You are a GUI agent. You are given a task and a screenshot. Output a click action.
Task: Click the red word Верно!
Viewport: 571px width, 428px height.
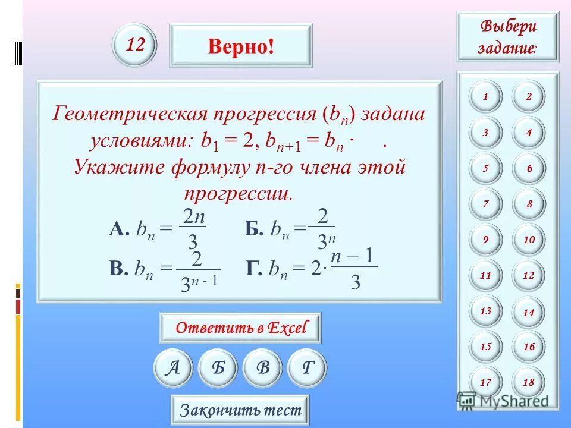click(241, 46)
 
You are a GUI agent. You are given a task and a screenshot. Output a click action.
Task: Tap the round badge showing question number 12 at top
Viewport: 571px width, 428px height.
click(134, 45)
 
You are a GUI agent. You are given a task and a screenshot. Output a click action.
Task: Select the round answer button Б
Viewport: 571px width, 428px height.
click(218, 368)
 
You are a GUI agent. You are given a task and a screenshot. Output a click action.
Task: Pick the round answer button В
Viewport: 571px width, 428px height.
click(263, 368)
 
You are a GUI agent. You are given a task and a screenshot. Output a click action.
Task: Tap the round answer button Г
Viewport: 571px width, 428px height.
click(307, 368)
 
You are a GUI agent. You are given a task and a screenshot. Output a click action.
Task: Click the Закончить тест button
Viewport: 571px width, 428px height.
click(240, 410)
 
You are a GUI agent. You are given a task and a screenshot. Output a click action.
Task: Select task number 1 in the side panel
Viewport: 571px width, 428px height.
click(485, 97)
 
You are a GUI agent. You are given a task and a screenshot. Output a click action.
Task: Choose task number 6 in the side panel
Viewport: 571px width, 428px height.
click(529, 168)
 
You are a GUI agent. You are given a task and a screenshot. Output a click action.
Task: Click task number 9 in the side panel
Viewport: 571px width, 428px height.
click(485, 240)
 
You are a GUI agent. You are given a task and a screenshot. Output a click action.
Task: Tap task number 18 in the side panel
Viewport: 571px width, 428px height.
click(529, 382)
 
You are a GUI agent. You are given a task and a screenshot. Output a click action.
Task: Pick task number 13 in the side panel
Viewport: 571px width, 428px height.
click(485, 311)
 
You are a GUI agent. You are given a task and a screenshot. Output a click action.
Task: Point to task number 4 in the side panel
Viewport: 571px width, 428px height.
click(529, 133)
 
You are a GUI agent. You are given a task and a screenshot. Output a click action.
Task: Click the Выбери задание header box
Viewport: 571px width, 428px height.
click(507, 36)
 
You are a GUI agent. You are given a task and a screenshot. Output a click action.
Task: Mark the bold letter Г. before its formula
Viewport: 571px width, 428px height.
click(253, 270)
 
